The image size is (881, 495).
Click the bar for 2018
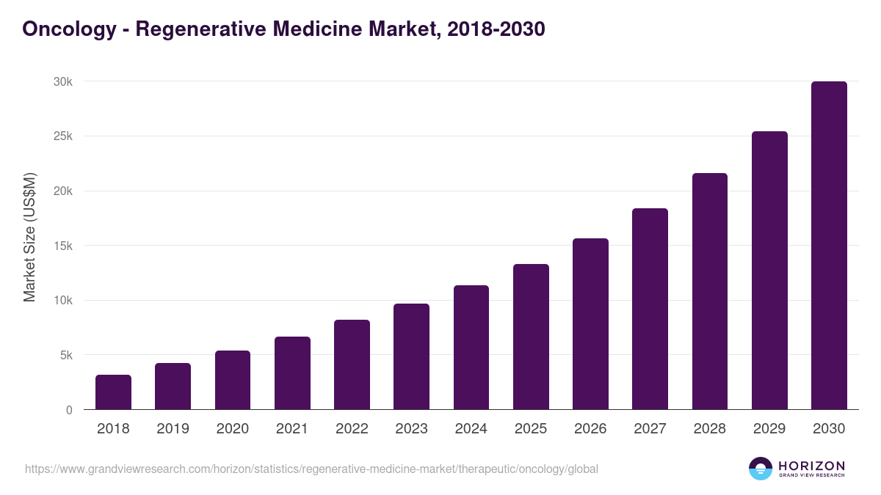(x=113, y=392)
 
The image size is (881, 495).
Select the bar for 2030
(x=829, y=246)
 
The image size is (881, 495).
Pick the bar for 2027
(x=650, y=309)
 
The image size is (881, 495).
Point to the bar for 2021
(x=292, y=373)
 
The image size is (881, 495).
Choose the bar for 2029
(x=769, y=271)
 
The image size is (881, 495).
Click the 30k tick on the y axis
(x=63, y=81)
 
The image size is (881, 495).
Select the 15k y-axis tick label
(x=63, y=246)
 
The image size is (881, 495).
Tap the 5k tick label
(x=65, y=355)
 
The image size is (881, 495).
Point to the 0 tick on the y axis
(x=69, y=410)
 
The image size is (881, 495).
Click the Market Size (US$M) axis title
(x=29, y=237)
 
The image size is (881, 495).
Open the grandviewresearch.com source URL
(x=311, y=469)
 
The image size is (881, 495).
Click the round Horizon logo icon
(x=761, y=469)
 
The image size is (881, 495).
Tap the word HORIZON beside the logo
(x=811, y=465)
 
